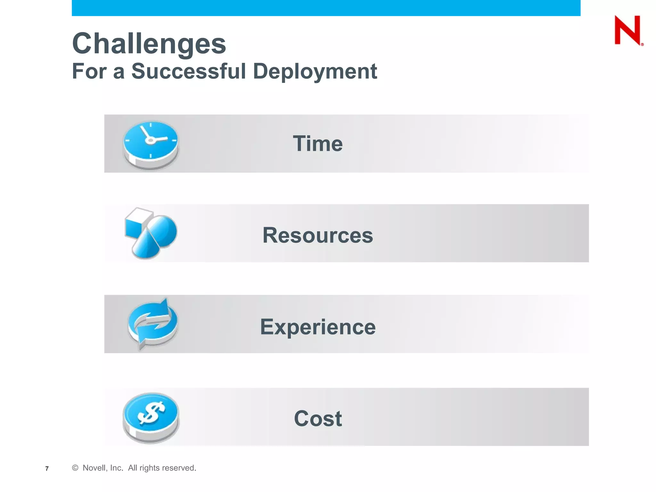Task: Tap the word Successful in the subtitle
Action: pos(188,71)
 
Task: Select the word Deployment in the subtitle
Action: pos(315,71)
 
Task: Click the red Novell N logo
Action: pos(627,30)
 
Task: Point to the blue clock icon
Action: pos(151,144)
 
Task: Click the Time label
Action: pos(318,143)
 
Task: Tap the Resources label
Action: pos(318,235)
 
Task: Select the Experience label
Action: pos(318,327)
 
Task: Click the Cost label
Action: pos(318,418)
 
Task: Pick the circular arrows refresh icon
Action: pos(152,324)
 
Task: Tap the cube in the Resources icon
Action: pos(135,223)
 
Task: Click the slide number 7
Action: pos(47,469)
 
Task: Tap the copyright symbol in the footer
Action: pos(75,468)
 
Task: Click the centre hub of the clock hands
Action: pos(150,140)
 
